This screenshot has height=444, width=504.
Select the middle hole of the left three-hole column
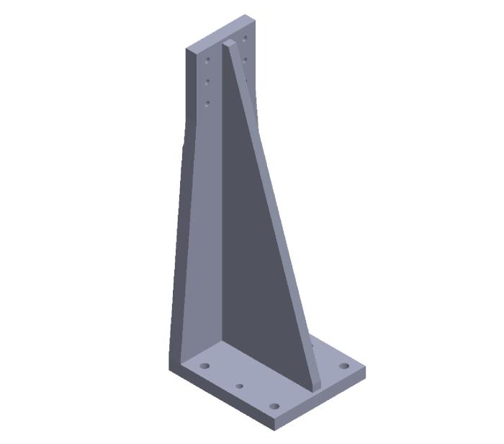coord(207,81)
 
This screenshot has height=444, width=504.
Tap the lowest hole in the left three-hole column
coord(207,103)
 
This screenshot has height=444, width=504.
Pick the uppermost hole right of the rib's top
coord(245,37)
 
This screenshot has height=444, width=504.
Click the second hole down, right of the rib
coord(246,59)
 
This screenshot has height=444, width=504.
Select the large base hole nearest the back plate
coord(205,366)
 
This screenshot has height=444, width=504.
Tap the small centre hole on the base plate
coord(240,386)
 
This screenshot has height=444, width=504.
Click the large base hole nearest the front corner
coord(274,407)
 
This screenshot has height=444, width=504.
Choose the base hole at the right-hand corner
coord(344,366)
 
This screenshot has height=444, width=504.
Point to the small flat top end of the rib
coord(228,44)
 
